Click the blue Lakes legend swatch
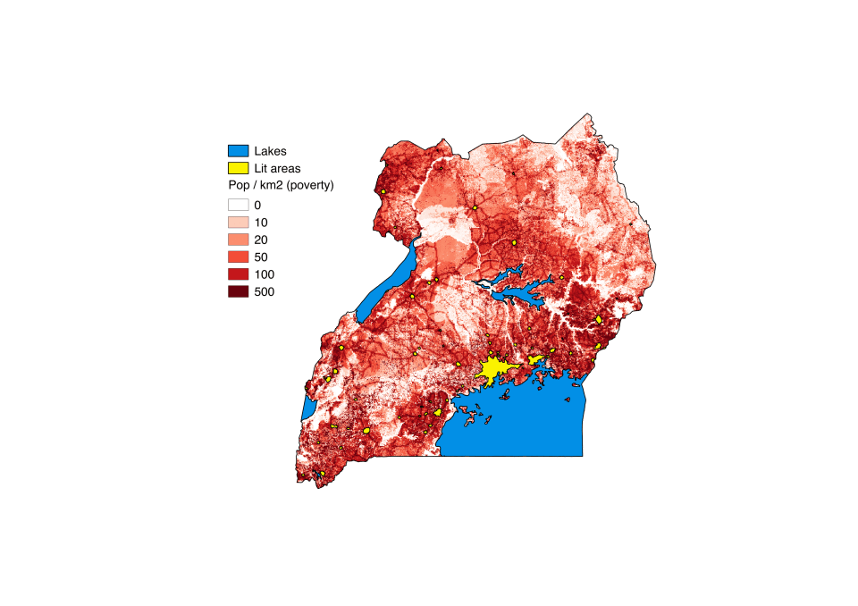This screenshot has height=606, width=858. [238, 151]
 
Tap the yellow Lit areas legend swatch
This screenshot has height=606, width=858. [238, 168]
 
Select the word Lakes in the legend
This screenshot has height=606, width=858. [270, 151]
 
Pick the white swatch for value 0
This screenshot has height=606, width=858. [238, 205]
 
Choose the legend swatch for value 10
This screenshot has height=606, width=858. [238, 222]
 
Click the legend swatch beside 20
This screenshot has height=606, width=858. [238, 240]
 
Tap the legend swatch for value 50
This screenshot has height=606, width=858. [238, 257]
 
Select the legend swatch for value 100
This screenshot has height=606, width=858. [238, 274]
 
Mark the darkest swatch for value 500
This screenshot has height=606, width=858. [238, 291]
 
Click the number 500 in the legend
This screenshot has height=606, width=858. [265, 291]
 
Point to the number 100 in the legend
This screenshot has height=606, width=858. [265, 274]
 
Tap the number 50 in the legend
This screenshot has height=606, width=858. [261, 257]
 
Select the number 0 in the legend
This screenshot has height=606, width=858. [257, 205]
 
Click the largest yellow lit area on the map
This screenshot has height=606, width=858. [494, 368]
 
